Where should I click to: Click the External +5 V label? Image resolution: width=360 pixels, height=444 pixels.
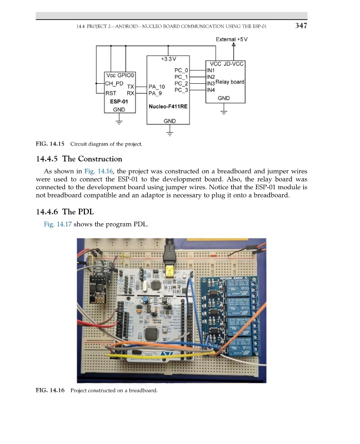coord(232,39)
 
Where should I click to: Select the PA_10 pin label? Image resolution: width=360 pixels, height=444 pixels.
coord(157,87)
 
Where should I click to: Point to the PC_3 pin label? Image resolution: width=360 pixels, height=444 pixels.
coord(182,90)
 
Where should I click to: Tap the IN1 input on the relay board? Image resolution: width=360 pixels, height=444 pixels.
coord(211,70)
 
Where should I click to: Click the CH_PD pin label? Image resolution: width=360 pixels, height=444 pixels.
coord(114,83)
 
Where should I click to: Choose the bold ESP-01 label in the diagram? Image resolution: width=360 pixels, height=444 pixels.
coord(119,102)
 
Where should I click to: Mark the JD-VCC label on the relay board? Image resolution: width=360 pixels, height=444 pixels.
coord(234,64)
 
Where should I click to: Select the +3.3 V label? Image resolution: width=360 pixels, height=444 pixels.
coord(168,58)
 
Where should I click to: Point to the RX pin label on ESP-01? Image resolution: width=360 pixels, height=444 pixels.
coord(131,93)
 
